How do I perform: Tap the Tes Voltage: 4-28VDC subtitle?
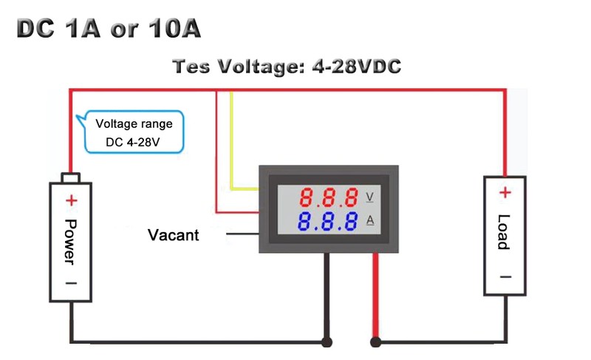tap(287, 67)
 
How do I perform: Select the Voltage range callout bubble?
tap(134, 132)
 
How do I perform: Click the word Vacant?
tap(174, 235)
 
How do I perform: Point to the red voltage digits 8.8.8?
tap(329, 197)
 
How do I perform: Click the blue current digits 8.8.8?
tap(329, 220)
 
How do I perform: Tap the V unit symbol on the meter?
tap(369, 197)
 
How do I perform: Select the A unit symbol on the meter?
tap(369, 220)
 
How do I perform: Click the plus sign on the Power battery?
tap(72, 200)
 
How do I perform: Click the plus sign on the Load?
tap(505, 193)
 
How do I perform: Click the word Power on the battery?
tap(71, 241)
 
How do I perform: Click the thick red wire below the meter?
tap(376, 296)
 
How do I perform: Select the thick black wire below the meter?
tap(326, 296)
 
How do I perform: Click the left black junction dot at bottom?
tap(326, 342)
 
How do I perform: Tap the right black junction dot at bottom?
tap(376, 342)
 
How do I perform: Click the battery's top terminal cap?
tap(71, 177)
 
